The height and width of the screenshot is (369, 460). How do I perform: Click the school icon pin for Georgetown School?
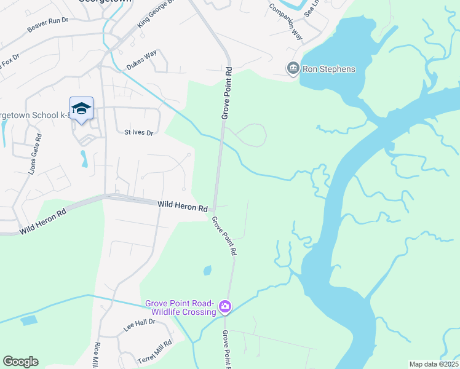81,109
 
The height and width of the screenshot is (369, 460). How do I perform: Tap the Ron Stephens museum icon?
293,68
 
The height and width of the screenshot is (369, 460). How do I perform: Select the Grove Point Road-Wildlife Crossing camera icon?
225,306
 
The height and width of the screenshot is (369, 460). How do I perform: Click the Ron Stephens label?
329,69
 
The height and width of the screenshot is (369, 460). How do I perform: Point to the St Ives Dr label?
138,132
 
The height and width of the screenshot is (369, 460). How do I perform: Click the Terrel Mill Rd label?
154,350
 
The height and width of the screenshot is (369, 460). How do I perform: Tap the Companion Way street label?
286,22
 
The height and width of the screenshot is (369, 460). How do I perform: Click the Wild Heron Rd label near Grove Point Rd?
183,205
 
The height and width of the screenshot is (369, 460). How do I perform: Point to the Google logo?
20,362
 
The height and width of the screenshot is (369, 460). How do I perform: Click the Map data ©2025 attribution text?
434,364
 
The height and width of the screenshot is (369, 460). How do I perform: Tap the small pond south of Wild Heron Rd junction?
207,270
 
